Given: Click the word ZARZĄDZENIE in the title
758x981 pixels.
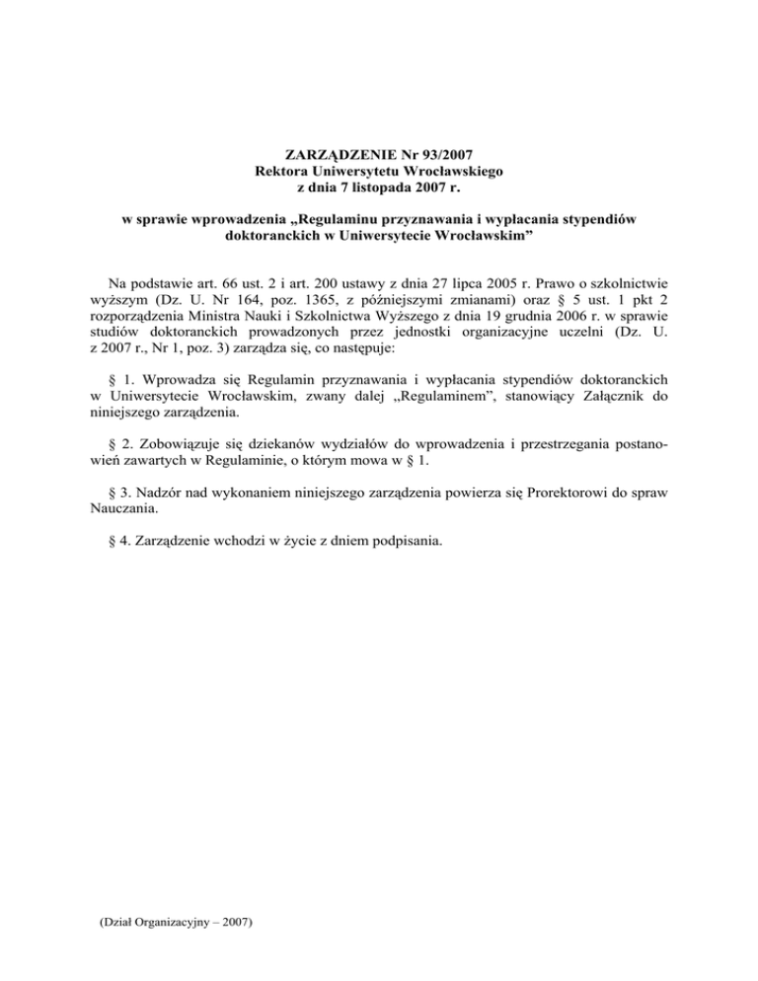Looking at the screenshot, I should (x=335, y=155).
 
